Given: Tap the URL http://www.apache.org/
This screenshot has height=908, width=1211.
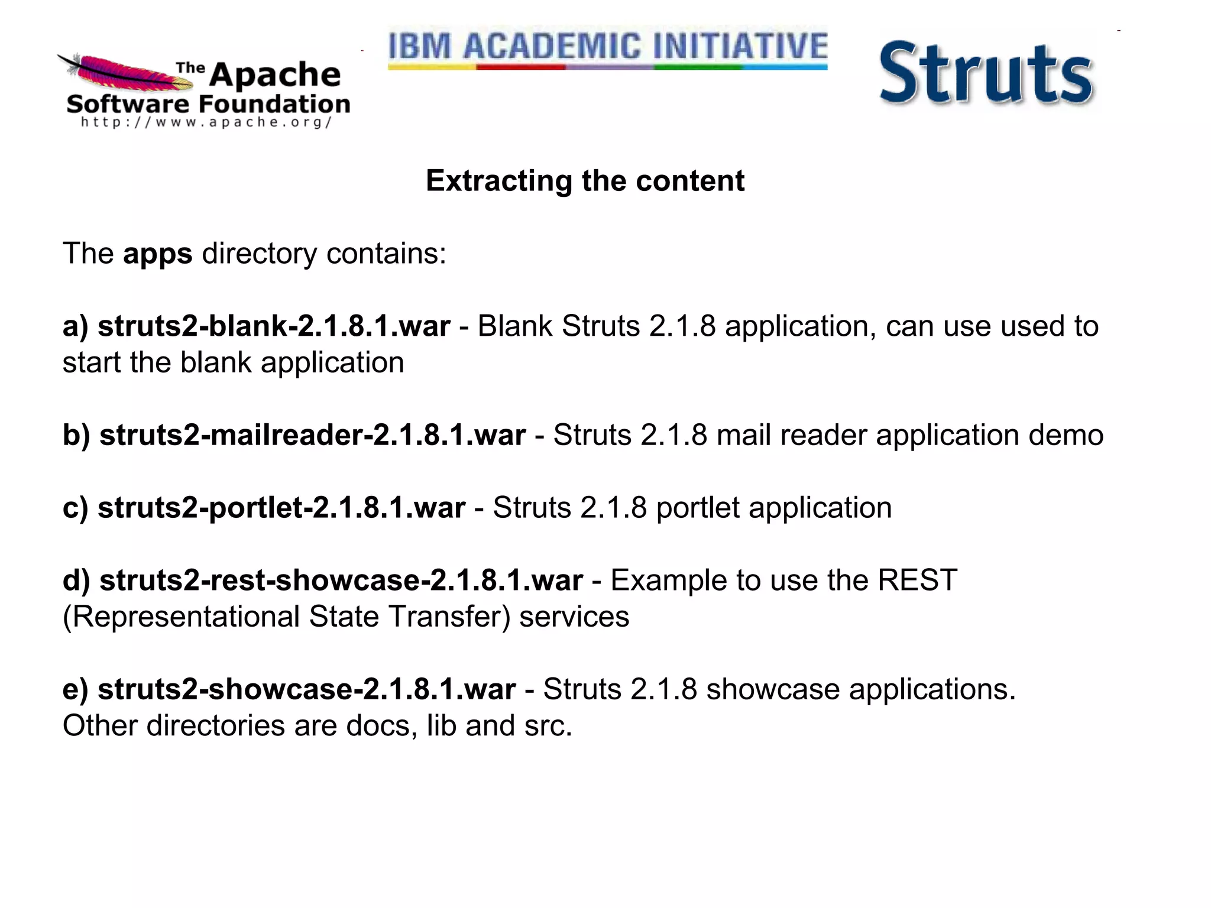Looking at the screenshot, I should [x=206, y=122].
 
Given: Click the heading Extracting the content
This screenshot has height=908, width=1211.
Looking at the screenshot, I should [x=585, y=181].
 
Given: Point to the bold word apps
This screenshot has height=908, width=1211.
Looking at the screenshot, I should [x=157, y=254].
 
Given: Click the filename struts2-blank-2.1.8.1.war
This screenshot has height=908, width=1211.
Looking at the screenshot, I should [x=274, y=326].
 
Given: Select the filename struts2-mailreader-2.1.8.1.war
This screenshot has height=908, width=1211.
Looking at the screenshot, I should [x=312, y=436].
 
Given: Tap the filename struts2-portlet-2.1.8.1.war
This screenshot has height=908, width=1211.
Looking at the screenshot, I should [x=281, y=508].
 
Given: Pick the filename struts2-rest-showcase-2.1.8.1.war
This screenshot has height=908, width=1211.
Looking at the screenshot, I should [x=341, y=581].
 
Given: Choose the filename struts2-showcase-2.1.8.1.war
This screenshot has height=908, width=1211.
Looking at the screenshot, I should [x=306, y=689].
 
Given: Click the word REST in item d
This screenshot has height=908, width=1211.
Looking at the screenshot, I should [x=917, y=581].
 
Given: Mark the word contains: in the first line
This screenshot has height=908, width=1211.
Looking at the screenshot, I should [x=386, y=254].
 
